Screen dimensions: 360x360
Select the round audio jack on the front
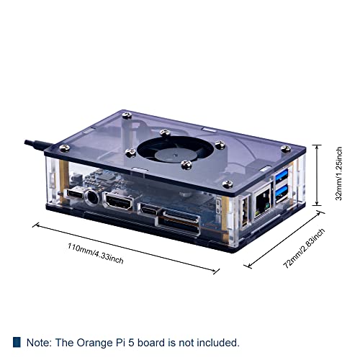(92, 196)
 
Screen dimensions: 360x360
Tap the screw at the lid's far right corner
(286, 149)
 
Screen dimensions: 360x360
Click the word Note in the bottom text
(40, 343)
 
